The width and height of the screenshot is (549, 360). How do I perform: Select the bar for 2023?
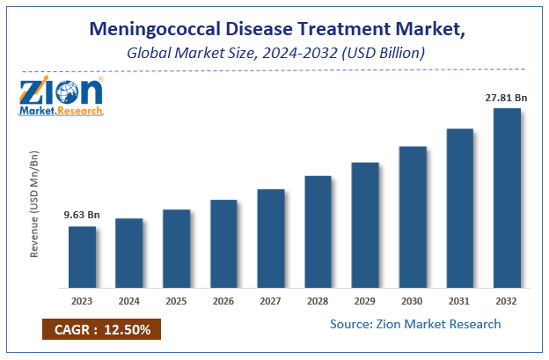click(x=82, y=257)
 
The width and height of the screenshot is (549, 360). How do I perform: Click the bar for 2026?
click(x=223, y=244)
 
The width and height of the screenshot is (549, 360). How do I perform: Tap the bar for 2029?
click(x=365, y=224)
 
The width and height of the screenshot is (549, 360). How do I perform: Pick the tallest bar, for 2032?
click(x=507, y=198)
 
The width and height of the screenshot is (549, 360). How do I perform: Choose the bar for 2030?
click(x=413, y=217)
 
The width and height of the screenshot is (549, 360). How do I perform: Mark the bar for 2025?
click(x=176, y=248)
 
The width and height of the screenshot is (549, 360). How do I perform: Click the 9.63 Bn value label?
click(x=81, y=214)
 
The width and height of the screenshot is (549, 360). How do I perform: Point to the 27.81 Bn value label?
click(x=504, y=97)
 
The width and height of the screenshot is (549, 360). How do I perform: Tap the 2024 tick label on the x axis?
click(x=128, y=301)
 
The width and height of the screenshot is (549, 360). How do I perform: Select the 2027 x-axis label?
click(x=270, y=301)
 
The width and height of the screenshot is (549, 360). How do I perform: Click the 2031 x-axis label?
click(x=459, y=301)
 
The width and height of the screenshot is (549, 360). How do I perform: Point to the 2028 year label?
click(x=318, y=301)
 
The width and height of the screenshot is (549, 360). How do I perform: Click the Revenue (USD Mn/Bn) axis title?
click(x=35, y=203)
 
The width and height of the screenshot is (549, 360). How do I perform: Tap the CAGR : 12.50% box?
click(x=101, y=329)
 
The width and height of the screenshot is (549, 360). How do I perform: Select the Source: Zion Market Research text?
click(x=415, y=324)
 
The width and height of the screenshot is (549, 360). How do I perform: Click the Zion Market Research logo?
click(x=61, y=96)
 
